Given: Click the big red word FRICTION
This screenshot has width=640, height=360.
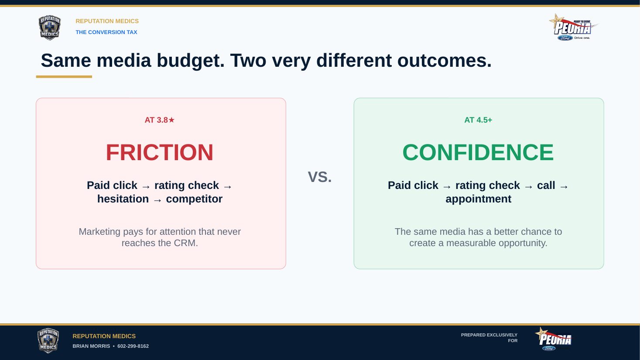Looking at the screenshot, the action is tap(160, 152).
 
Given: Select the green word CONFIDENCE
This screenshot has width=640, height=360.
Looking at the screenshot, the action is tap(478, 152).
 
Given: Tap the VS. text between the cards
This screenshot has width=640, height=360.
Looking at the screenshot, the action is tap(320, 177).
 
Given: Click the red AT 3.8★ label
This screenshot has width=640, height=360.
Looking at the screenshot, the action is tap(159, 120).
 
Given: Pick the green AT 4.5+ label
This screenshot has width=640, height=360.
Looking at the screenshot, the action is tap(478, 120).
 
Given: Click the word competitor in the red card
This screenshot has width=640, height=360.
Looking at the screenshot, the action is tap(194, 199).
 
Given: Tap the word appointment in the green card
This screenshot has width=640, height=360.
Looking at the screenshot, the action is tap(478, 199).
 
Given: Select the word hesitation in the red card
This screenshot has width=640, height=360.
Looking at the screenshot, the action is tap(123, 199).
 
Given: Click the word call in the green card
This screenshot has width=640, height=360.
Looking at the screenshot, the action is tap(546, 185).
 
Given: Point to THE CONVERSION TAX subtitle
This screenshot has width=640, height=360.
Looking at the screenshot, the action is tap(106, 32).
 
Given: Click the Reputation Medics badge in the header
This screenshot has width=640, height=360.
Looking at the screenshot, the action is tap(49, 28).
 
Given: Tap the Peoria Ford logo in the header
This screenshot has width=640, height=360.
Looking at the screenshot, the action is tap(573, 27).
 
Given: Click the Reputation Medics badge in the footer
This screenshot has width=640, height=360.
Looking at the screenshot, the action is tap(48, 340).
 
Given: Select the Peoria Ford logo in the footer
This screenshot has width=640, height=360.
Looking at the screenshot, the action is tap(553, 339).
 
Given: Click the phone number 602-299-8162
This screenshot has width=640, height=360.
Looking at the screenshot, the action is tap(133, 346).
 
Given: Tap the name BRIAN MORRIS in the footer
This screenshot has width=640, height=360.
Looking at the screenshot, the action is tap(91, 346).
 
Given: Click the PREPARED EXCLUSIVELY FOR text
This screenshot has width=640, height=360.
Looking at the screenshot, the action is tap(489, 338).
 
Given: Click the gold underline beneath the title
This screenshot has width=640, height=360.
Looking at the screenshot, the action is tap(64, 76).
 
